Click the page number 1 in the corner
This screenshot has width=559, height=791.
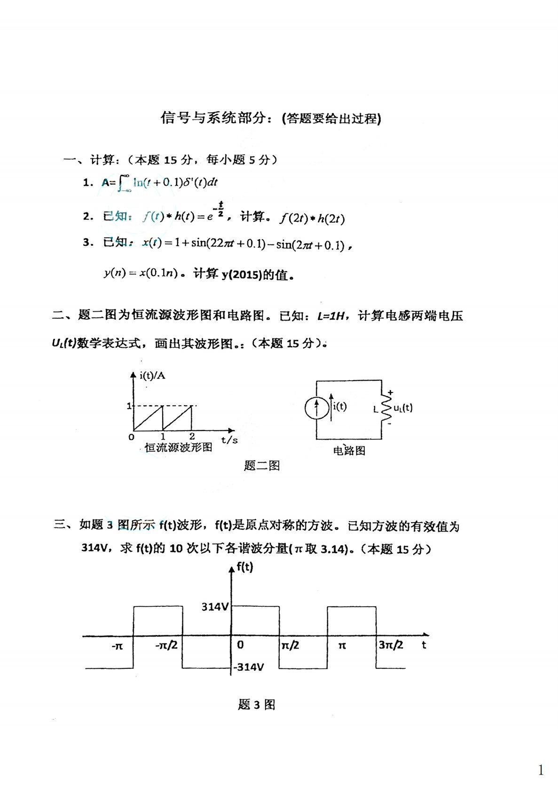[541, 770]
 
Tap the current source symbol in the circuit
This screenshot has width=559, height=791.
[316, 408]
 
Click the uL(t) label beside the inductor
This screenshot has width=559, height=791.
[403, 408]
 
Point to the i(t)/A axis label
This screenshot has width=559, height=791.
[152, 376]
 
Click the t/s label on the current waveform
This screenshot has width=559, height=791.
[229, 440]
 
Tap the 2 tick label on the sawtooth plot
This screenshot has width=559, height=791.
[192, 437]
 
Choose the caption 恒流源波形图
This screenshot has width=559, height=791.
[178, 447]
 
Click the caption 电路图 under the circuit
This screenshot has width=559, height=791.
[349, 451]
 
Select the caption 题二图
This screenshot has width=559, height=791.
[262, 466]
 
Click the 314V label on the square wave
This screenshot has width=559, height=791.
[215, 607]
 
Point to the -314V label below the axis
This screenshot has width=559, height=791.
[249, 667]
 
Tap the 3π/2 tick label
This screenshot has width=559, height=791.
[391, 645]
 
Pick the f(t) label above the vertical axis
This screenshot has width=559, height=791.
[244, 567]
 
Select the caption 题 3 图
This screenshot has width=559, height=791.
[257, 705]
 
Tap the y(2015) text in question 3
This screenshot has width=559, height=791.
[241, 274]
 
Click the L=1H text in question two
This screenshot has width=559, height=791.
[332, 316]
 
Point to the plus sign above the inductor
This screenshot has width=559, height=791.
[390, 392]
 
